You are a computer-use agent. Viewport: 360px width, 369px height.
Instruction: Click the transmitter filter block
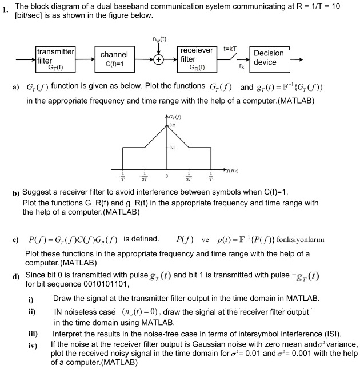[x=55, y=59]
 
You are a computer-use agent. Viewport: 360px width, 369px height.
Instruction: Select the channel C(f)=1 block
[x=114, y=59]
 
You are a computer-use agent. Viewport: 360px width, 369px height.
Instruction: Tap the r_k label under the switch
[x=241, y=67]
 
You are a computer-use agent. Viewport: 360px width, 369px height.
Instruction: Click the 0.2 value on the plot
[x=173, y=124]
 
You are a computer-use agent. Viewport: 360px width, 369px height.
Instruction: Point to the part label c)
[x=15, y=239]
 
